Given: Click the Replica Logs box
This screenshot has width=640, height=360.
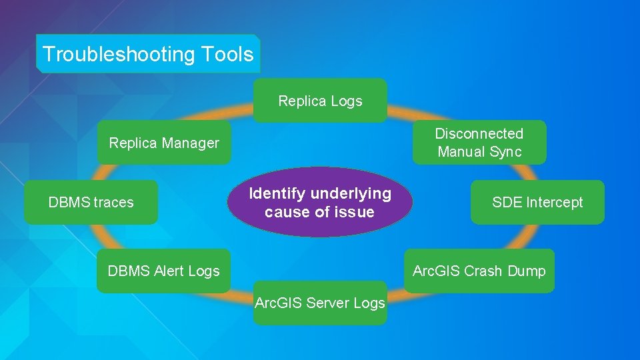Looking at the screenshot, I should coord(320,101).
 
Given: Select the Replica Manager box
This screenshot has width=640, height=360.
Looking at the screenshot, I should coord(164,143).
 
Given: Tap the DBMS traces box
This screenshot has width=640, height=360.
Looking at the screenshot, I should coord(91,202).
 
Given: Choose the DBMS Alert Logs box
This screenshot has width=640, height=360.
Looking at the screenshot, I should coord(163,271).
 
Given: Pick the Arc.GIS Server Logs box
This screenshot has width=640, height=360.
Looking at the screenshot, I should coord(320,303).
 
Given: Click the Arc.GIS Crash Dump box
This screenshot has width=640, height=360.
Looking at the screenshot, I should coord(479,271).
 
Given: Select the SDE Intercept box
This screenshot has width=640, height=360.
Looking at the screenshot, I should coord(537,202).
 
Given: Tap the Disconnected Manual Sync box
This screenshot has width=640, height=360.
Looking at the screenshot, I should coord(479,142).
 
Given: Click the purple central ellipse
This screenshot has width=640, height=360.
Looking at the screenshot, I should coord(319,202).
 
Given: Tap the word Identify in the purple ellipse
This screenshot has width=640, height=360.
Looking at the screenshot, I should coord(277,193).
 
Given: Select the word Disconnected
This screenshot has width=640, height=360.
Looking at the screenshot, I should coord(479,133).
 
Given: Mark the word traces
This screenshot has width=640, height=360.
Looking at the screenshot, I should coord(115,202).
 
